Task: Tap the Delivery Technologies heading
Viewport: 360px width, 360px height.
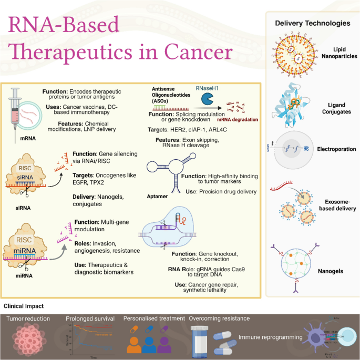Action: (312, 24)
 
